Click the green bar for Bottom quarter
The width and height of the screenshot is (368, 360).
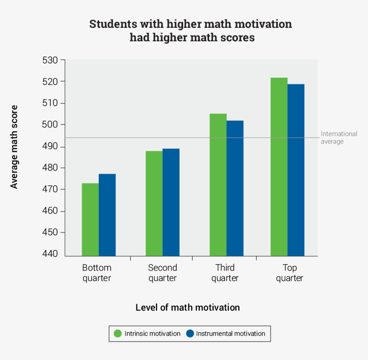coord(90,220)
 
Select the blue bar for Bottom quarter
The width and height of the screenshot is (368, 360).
coord(107,215)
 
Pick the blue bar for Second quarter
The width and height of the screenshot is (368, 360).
coord(171,202)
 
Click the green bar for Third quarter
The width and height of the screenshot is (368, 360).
coord(218,184)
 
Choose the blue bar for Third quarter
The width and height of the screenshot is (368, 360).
coord(235,188)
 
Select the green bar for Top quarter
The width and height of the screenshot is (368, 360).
coord(279,167)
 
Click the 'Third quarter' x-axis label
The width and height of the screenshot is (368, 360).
coord(225,273)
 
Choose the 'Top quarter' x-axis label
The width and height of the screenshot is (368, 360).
coord(289,273)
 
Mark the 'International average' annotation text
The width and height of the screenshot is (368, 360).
coord(339,138)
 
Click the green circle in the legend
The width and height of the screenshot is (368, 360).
coord(118,334)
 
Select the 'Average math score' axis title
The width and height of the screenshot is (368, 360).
coord(14,147)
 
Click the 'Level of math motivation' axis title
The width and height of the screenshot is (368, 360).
coord(188,307)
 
